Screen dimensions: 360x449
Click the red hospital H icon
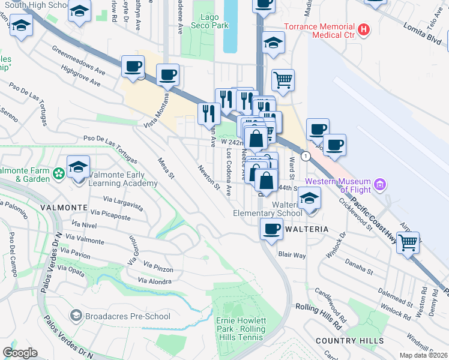point(363,29)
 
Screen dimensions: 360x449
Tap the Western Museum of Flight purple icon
point(379,183)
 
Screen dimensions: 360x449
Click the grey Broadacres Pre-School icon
point(76,316)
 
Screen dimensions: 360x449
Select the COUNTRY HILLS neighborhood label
point(349,341)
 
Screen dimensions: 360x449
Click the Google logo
point(20,353)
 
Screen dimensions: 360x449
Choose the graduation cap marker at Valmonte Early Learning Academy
point(78,167)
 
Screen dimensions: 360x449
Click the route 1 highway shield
point(306,157)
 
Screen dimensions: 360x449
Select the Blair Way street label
point(292,255)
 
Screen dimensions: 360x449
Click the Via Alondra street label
point(154,281)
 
